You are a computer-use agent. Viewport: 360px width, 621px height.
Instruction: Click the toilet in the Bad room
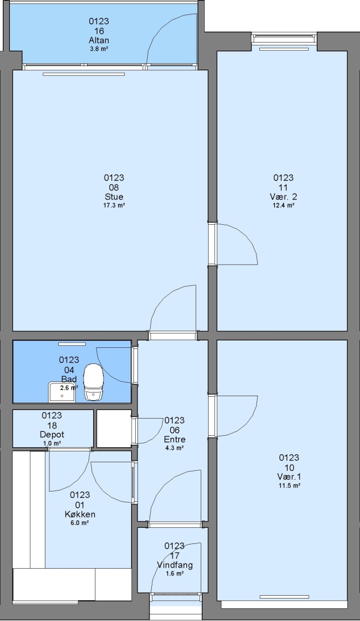[94, 381]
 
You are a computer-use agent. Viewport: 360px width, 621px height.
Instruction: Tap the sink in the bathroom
[62, 392]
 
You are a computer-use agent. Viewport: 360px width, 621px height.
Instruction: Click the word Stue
[114, 197]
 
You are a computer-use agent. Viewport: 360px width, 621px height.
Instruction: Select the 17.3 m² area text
[114, 205]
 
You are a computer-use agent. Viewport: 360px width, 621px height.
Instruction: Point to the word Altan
[99, 40]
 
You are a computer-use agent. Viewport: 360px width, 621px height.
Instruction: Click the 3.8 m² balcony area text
[99, 49]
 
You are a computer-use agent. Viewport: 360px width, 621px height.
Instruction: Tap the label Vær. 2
[284, 197]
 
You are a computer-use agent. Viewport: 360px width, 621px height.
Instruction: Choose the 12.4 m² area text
[284, 205]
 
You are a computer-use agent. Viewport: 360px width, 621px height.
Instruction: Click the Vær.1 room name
[289, 477]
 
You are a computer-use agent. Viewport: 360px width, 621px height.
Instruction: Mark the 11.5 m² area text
[289, 485]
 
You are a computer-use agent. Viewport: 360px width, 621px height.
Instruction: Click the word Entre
[175, 440]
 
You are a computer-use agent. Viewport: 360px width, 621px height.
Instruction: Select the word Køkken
[80, 515]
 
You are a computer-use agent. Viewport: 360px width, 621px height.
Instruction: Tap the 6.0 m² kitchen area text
[80, 523]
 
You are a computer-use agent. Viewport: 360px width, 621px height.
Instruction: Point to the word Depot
[52, 435]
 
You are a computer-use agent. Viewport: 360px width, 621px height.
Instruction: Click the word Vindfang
[175, 565]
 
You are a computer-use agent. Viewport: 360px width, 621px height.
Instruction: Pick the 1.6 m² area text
[175, 573]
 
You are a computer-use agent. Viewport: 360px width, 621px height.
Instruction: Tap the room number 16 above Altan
[99, 31]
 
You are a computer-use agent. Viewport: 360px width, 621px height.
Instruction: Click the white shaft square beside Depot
[114, 429]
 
